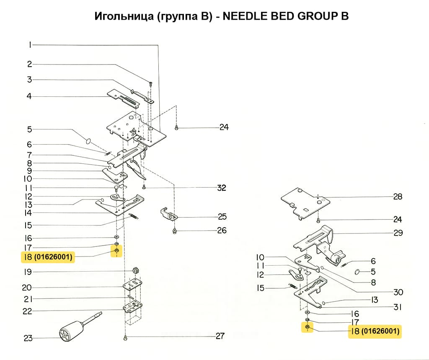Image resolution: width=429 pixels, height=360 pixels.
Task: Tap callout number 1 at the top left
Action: click(30, 45)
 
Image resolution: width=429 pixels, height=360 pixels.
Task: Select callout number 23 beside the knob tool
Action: click(28, 338)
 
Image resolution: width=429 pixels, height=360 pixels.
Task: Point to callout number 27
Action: click(220, 336)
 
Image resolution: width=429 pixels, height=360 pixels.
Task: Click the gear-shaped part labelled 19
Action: click(135, 270)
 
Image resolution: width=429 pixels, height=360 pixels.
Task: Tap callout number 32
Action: click(222, 188)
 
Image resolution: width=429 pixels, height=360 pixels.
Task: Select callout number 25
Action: click(222, 217)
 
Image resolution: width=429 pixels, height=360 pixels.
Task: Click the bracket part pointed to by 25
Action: click(168, 214)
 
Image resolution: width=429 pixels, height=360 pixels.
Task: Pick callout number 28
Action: click(398, 197)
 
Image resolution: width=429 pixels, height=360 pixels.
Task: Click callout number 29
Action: click(398, 233)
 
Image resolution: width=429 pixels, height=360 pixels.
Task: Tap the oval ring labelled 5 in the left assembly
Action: click(88, 141)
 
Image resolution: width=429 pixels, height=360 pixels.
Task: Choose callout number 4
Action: click(29, 96)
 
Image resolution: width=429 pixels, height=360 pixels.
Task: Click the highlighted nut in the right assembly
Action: click(307, 326)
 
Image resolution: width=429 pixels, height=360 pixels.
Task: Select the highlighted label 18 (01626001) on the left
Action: click(48, 257)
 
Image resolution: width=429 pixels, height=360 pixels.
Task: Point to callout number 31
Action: click(398, 307)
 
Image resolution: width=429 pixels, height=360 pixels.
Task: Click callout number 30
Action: click(398, 292)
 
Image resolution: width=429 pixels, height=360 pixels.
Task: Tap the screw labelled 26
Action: click(175, 232)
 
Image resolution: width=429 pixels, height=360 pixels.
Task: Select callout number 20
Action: click(27, 287)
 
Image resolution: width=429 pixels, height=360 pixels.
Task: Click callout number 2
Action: click(30, 65)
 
